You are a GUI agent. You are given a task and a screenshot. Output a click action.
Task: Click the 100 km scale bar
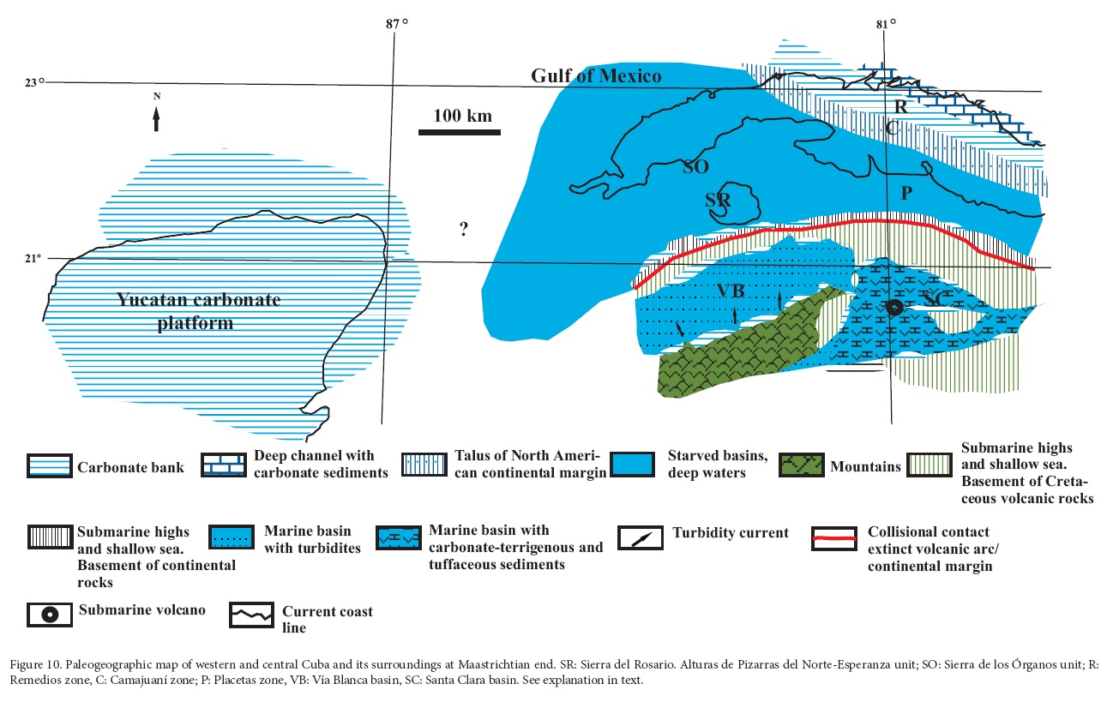(x=459, y=131)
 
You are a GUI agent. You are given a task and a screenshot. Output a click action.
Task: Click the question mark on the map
(x=463, y=229)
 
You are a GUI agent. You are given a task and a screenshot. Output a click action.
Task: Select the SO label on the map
(x=695, y=166)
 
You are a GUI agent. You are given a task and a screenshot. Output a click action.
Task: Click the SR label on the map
(x=718, y=200)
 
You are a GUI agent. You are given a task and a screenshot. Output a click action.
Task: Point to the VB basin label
(x=731, y=291)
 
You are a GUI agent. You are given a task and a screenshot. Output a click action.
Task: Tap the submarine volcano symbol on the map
(x=893, y=308)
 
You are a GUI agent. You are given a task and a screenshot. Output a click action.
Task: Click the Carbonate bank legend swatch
(x=48, y=467)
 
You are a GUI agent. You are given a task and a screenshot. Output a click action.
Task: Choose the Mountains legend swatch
(x=801, y=466)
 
